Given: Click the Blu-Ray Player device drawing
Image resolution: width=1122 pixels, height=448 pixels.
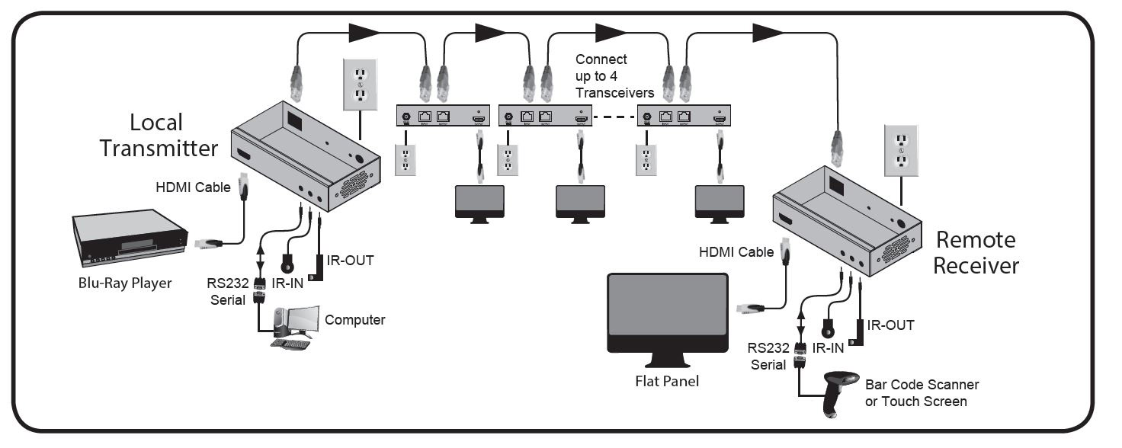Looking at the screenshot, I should [130, 238].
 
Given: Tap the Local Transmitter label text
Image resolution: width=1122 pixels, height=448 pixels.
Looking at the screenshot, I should [159, 135].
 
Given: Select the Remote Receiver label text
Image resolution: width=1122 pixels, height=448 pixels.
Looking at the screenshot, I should [975, 252].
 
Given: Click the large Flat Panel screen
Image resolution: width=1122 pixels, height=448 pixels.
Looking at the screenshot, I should [668, 313].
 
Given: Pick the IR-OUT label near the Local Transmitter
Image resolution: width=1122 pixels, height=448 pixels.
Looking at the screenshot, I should [350, 261].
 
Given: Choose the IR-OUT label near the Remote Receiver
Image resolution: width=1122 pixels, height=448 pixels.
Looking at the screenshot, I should [890, 325].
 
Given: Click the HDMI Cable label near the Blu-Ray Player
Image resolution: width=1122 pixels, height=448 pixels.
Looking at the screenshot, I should [193, 187].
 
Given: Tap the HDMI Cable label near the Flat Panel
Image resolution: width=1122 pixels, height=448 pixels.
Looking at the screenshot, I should [736, 251].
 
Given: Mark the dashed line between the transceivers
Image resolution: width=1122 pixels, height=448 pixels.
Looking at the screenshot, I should [616, 117].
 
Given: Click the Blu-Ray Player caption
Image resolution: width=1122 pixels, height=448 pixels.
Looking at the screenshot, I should [127, 283].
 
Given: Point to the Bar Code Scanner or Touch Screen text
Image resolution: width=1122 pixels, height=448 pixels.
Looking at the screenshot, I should [921, 393].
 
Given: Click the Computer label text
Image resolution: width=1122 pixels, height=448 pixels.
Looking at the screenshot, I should [354, 320].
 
